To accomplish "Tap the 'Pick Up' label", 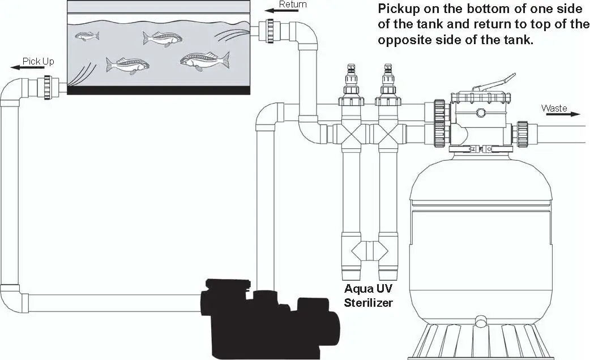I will [x=39, y=61].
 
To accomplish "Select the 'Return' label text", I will [x=293, y=5].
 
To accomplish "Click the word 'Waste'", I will [x=554, y=108].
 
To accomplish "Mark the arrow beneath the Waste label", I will [x=563, y=114].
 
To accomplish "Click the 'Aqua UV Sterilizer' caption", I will [x=369, y=295].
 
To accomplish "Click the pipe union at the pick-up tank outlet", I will [x=48, y=87].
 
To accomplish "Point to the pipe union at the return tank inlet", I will [x=270, y=31].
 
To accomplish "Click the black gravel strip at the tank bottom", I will [x=158, y=90].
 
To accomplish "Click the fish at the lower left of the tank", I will [x=128, y=65].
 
